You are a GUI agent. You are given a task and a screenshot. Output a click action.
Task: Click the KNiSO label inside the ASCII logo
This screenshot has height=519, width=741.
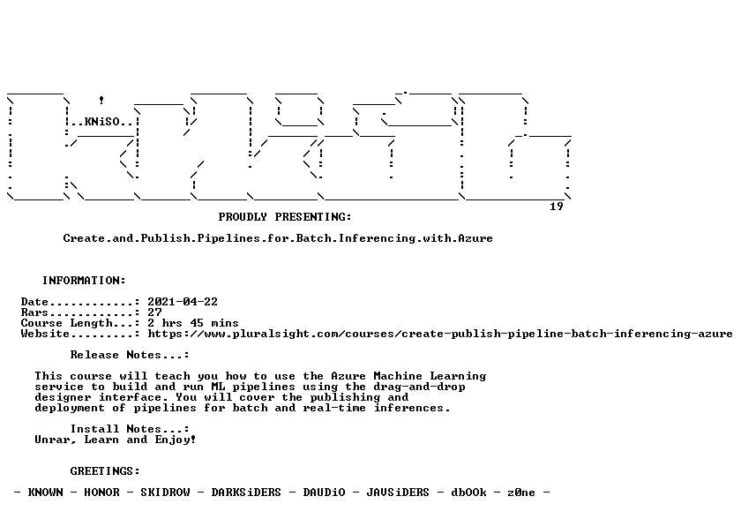point(102,122)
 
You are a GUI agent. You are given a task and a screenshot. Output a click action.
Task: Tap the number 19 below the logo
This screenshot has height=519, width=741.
point(557,207)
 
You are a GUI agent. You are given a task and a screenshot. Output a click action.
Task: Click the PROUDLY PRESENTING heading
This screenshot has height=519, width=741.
point(285,217)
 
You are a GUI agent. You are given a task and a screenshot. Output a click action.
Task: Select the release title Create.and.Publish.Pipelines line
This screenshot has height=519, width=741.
point(278,238)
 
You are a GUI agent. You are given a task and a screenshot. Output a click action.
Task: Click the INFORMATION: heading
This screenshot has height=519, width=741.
point(84,281)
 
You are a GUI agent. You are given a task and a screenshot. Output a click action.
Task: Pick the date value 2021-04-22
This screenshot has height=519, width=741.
point(183,302)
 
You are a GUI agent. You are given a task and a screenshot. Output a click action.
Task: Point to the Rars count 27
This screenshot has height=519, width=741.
point(154,312)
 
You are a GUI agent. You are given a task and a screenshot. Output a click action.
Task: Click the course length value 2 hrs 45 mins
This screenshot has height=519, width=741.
point(193,323)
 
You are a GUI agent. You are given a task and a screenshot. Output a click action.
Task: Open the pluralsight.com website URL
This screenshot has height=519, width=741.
point(440,334)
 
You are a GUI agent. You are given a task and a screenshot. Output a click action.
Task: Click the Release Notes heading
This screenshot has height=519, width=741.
point(130,355)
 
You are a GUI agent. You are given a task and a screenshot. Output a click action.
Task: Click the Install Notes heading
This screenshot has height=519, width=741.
point(130,429)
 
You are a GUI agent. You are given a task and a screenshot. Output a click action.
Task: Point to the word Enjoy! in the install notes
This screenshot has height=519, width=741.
point(176,440)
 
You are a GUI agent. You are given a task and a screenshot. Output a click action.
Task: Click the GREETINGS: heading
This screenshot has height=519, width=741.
point(105,471)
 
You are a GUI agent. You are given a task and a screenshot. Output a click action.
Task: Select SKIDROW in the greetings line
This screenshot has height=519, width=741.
point(165,493)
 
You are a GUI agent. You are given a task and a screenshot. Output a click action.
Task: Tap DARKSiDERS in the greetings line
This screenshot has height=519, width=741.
point(246,493)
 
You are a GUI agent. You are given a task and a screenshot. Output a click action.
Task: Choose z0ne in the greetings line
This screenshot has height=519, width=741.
point(521,493)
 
